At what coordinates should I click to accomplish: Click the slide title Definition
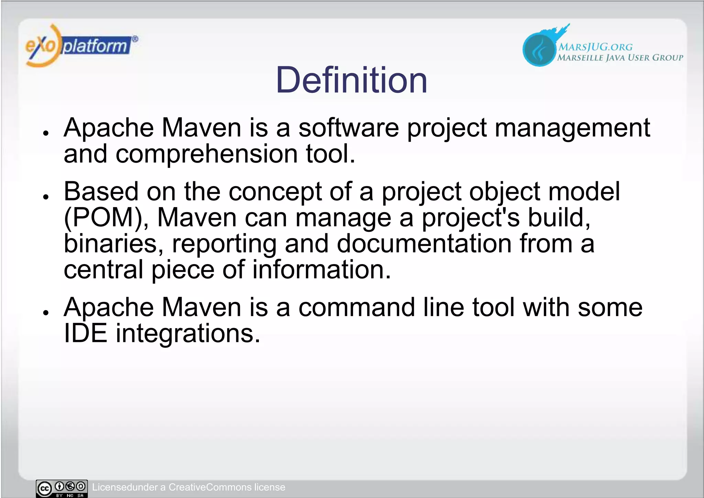tap(351, 80)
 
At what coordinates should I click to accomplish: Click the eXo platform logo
tap(81, 45)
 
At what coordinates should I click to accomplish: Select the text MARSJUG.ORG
tap(595, 47)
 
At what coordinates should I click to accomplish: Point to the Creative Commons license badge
tap(62, 488)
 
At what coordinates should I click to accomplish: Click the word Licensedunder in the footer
tap(125, 487)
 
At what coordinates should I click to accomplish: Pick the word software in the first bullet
tap(349, 128)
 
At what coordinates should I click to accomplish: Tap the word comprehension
tap(207, 153)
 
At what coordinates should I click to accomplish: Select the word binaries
tap(113, 243)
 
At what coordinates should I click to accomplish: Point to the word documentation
tap(424, 243)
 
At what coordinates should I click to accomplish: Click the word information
tap(321, 269)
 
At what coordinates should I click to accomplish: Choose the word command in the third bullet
tap(356, 307)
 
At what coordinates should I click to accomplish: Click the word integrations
tap(188, 334)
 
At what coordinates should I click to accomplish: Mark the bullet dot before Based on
tap(45, 197)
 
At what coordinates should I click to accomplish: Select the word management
tap(572, 128)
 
